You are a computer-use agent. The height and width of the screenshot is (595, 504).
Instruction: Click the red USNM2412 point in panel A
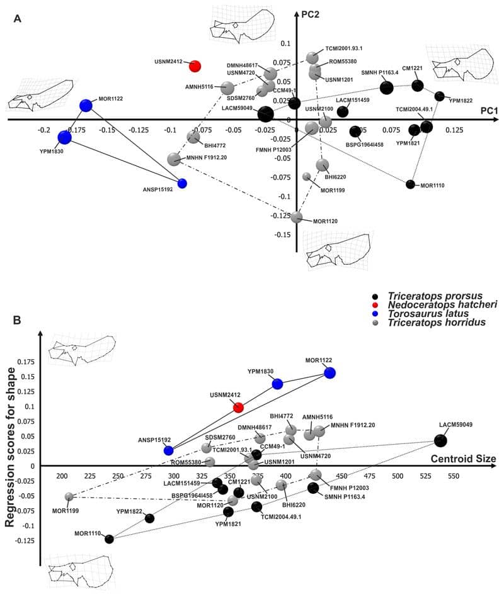coord(195,67)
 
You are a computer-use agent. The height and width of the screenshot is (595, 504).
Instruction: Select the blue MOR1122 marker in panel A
coord(86,106)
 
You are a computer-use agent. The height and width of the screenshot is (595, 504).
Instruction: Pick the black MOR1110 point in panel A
coord(410,184)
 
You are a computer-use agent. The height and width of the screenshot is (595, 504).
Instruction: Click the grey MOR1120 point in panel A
coord(297,217)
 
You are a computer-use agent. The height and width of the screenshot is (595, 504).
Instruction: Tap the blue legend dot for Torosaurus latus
coord(376,314)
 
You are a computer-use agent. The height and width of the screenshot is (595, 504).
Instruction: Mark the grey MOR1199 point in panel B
coord(69,497)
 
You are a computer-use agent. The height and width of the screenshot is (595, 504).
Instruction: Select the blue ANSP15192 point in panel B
coord(168,450)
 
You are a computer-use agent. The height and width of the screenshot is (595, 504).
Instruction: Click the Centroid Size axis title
coord(462,458)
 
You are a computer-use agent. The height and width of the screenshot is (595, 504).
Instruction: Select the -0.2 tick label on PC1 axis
coord(43,130)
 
